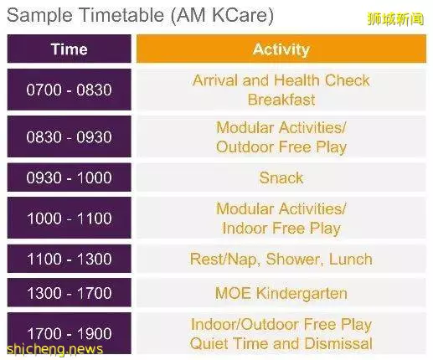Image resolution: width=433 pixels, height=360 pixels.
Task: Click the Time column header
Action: (x=69, y=49)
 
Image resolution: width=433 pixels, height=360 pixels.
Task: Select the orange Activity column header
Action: (x=281, y=49)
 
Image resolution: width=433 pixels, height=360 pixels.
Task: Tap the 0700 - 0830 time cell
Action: (x=69, y=90)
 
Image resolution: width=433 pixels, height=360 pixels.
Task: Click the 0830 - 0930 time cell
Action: (x=69, y=136)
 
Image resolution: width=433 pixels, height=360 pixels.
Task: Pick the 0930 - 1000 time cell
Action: (x=69, y=177)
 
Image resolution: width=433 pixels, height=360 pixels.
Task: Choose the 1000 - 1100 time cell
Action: (x=69, y=218)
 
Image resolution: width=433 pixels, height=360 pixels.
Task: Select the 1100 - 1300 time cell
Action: (x=69, y=259)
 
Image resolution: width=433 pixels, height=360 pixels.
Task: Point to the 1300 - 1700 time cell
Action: (x=69, y=293)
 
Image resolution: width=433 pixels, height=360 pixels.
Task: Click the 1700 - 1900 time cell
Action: (x=69, y=333)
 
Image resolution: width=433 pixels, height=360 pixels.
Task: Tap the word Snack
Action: (x=281, y=177)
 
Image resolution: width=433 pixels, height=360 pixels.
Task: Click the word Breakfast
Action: (x=281, y=100)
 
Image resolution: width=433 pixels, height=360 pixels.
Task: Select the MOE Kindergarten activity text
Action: (x=281, y=293)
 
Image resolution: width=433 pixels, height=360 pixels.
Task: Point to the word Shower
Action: (x=295, y=260)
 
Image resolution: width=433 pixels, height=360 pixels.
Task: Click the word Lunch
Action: (x=351, y=259)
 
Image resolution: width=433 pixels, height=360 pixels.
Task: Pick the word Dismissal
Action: (x=338, y=343)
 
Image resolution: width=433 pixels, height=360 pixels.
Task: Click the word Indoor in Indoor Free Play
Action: (x=245, y=228)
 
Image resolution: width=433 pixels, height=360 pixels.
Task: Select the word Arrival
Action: (x=215, y=80)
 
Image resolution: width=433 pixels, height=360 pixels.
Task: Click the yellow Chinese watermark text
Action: (x=395, y=19)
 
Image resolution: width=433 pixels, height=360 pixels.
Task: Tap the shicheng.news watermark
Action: (x=54, y=349)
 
